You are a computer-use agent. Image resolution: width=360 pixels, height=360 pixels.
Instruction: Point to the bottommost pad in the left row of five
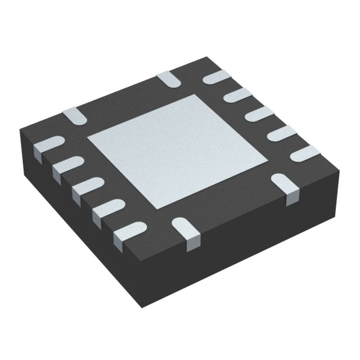(x=128, y=231)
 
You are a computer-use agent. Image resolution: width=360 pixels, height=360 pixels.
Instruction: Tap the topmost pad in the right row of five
(x=217, y=78)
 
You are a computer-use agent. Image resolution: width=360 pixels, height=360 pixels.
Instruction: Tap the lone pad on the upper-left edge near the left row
(x=74, y=115)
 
